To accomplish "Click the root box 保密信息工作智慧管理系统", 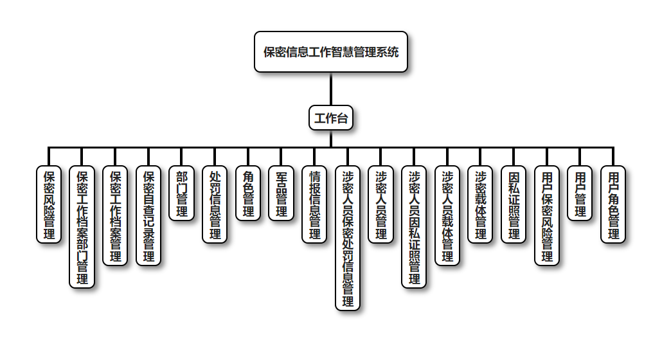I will click(331, 52).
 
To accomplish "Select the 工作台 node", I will click(331, 118).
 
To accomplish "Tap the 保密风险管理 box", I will click(49, 204).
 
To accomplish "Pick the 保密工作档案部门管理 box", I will click(82, 227).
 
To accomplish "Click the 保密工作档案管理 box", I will click(116, 216).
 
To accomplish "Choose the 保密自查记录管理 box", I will click(148, 216).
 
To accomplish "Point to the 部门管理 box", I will click(182, 194).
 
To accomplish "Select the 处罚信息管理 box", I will click(215, 204).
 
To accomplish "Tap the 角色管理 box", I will click(248, 194).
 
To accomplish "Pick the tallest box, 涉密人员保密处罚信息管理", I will click(348, 239).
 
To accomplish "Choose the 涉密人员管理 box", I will click(381, 204).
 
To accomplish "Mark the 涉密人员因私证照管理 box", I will click(415, 227).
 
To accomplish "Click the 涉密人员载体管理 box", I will click(447, 216).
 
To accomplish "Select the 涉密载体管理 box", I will click(481, 204).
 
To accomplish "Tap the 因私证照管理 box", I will click(514, 204).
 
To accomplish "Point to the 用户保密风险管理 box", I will click(547, 216).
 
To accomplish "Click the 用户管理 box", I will click(580, 194).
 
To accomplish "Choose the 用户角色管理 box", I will click(613, 204).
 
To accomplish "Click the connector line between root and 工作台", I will click(331, 89).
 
